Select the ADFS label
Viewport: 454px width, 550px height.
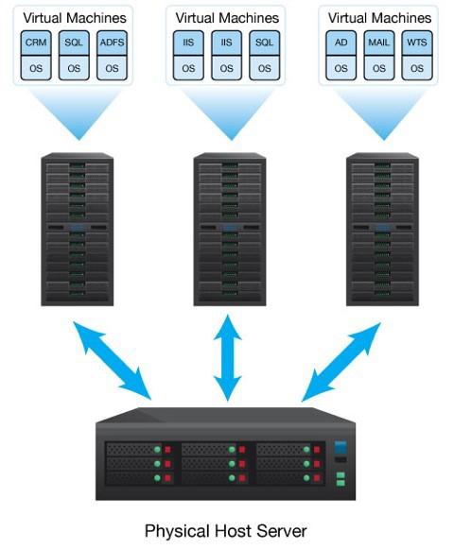click(112, 43)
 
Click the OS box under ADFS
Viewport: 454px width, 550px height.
click(112, 68)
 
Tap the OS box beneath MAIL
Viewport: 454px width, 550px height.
click(379, 68)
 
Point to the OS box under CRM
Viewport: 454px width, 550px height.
click(36, 68)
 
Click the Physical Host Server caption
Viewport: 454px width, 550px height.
click(225, 531)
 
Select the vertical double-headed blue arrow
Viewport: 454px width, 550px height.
click(228, 358)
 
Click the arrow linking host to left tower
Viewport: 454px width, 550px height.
click(113, 361)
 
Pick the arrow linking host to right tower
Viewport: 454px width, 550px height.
click(341, 362)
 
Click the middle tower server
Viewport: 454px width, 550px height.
click(230, 230)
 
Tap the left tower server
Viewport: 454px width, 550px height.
click(78, 230)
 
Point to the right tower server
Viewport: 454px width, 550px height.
click(382, 230)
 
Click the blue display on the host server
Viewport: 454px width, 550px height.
click(340, 447)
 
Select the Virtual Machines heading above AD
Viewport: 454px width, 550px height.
click(379, 18)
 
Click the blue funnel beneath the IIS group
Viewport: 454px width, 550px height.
click(230, 112)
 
